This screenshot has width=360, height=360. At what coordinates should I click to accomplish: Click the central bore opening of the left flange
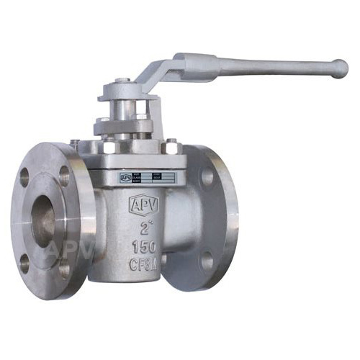(x=45, y=217)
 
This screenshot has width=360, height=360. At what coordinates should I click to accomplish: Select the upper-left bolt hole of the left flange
(x=25, y=174)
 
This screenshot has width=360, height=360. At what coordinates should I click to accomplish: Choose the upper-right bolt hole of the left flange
(x=64, y=175)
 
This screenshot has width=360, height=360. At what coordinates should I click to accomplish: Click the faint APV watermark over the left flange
(x=68, y=250)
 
